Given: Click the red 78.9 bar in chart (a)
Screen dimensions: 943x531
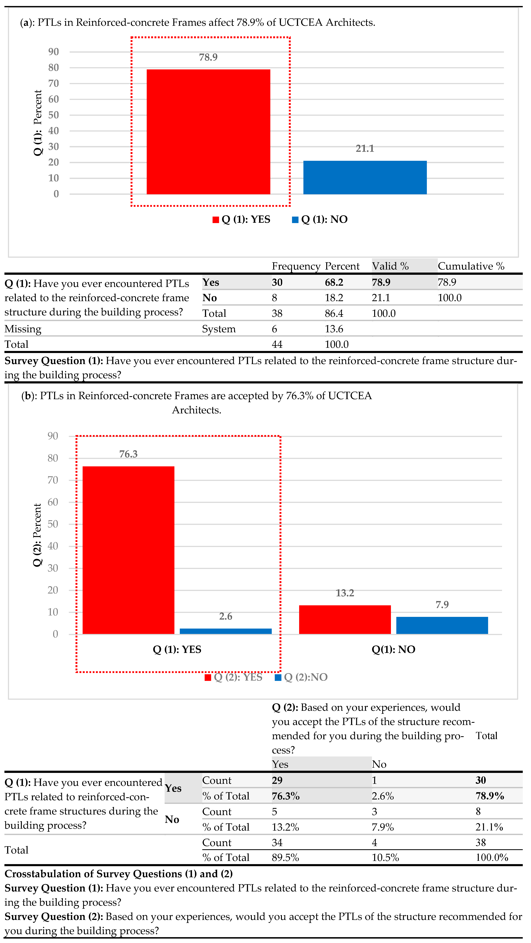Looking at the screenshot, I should click(208, 132).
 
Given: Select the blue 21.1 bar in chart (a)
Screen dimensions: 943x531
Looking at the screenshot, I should click(365, 178).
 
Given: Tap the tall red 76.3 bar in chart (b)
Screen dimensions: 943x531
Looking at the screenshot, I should click(128, 550).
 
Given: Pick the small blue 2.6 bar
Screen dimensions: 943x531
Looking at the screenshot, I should click(226, 631).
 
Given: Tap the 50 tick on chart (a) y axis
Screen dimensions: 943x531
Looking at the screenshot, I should click(53, 115).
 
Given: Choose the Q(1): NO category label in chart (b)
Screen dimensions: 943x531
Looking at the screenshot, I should click(393, 649).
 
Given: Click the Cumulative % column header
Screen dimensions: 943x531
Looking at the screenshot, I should click(471, 266).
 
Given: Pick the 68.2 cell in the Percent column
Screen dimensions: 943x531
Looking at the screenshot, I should click(334, 282).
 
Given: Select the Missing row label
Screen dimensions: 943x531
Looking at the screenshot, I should click(23, 329).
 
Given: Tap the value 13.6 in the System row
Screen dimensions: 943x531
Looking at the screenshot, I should click(334, 329).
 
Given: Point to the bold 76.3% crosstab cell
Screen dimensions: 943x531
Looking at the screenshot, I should click(286, 796).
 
